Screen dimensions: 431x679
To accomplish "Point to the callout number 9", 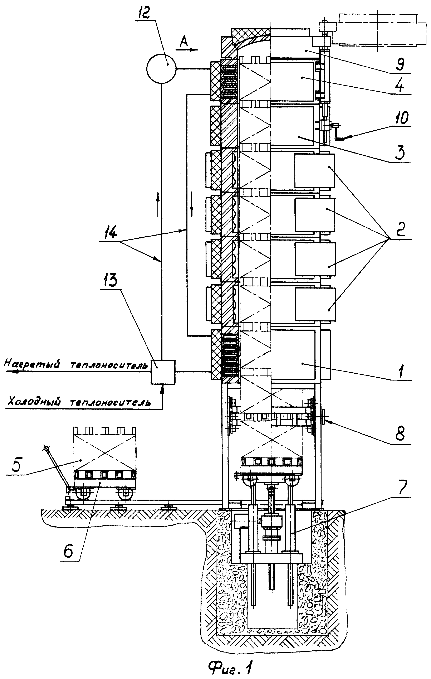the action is pyautogui.click(x=400, y=63).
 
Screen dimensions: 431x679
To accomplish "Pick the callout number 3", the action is pyautogui.click(x=401, y=152).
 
